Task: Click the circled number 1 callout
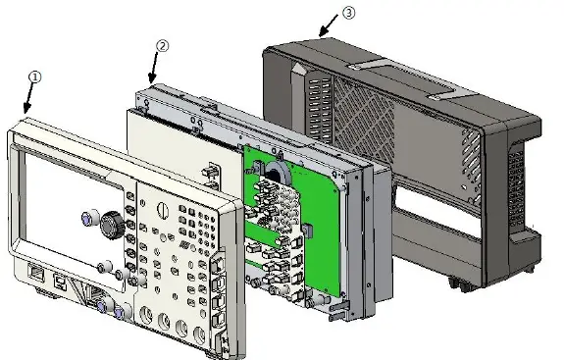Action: [34, 75]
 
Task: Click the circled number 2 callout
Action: [163, 46]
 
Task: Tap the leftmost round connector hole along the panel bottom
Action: [148, 316]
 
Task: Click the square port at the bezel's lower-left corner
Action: [36, 276]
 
